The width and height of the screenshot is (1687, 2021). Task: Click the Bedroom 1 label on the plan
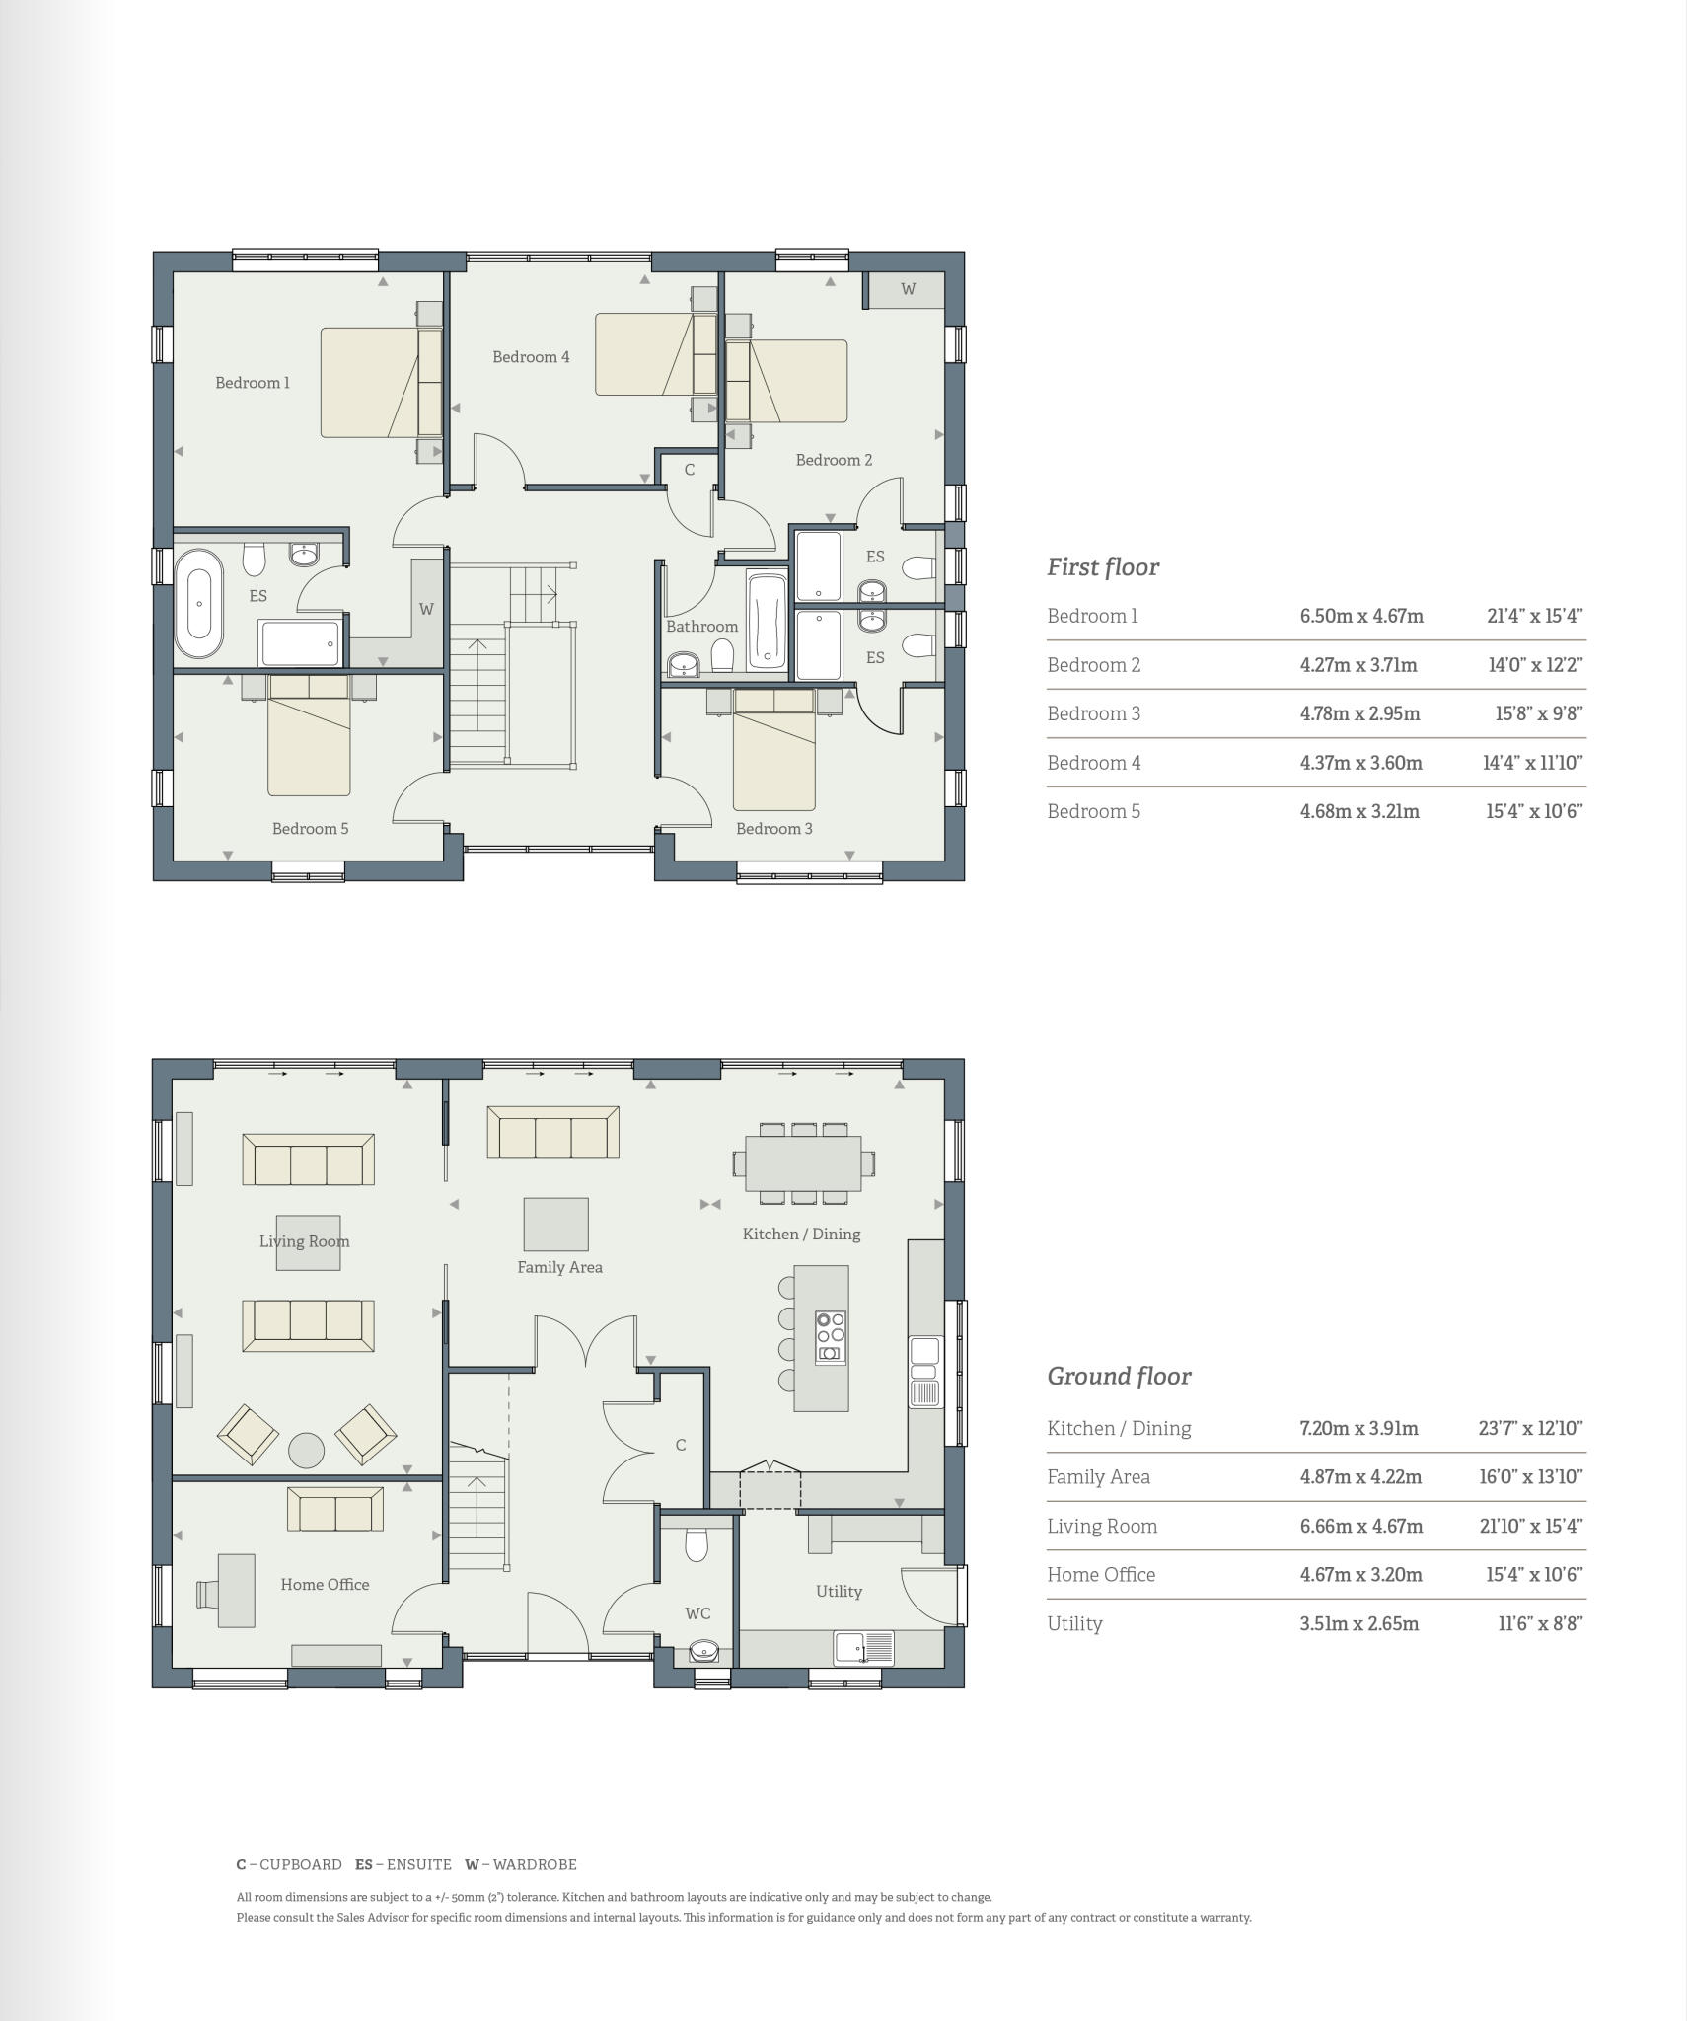(253, 383)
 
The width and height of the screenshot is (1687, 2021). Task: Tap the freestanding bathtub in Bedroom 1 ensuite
(199, 604)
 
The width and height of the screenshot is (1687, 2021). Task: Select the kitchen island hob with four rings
(830, 1337)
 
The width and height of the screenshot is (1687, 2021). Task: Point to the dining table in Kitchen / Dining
(803, 1163)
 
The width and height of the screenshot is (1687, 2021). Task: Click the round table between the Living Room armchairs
(306, 1450)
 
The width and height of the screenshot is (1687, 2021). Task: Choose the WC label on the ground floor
(697, 1613)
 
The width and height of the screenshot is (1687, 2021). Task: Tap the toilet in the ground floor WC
(697, 1544)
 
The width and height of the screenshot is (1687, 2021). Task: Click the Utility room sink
(864, 1647)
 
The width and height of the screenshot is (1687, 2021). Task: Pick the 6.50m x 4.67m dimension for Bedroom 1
(1361, 616)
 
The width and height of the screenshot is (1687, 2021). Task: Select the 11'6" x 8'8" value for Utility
(1540, 1623)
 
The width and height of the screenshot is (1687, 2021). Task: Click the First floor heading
(1103, 567)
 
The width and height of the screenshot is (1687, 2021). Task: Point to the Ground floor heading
(1119, 1376)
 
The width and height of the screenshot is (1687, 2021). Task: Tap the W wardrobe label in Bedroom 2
(908, 289)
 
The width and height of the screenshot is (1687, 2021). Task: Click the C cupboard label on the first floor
(690, 470)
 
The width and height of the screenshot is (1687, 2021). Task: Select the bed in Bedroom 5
(309, 735)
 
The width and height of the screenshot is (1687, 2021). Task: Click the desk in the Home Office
(236, 1591)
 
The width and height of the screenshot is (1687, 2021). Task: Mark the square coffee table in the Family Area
(555, 1224)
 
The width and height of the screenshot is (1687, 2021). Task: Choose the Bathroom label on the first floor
(701, 627)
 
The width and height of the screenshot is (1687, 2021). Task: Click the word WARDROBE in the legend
(535, 1864)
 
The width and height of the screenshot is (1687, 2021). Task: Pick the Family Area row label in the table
(1098, 1476)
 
